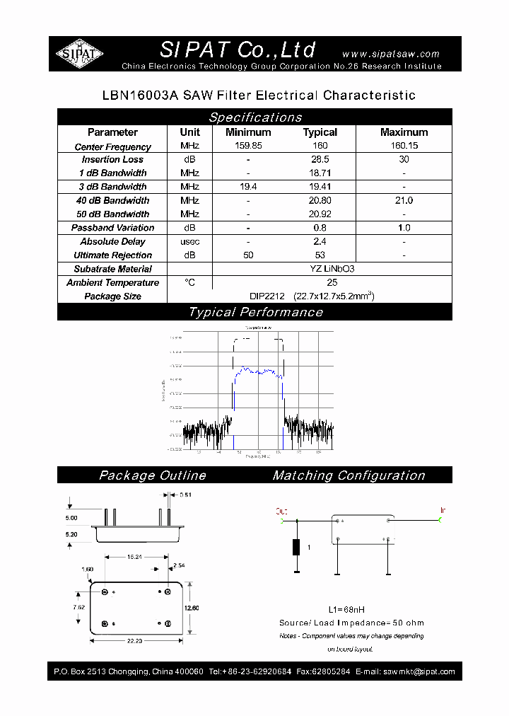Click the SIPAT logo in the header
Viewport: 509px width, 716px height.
[80, 54]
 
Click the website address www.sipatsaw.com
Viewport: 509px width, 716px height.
[390, 54]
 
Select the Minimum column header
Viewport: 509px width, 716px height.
[248, 132]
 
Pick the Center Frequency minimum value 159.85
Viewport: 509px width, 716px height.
[248, 146]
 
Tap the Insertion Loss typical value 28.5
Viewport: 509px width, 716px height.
[320, 160]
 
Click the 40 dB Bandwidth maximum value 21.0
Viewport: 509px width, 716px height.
[404, 201]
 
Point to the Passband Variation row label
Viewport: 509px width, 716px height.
[112, 228]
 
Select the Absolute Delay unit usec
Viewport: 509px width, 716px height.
[189, 242]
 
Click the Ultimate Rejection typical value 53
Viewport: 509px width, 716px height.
[320, 255]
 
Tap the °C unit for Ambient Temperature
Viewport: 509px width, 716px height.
[189, 282]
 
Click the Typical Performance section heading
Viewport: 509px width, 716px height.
[255, 312]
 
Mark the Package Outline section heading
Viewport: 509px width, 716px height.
[153, 475]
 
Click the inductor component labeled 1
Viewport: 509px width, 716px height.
[298, 548]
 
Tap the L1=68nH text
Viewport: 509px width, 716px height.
[346, 610]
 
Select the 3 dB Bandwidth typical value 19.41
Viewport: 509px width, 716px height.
[320, 187]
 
